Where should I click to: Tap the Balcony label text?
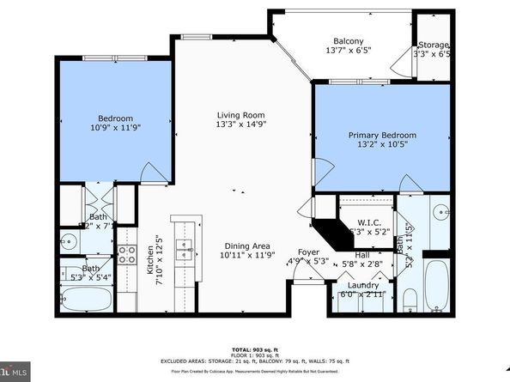tap(348, 41)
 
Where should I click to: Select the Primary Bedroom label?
tap(382, 136)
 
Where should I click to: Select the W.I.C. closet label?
tap(369, 222)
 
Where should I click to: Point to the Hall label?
tap(361, 255)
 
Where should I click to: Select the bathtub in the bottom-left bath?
tap(88, 300)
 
